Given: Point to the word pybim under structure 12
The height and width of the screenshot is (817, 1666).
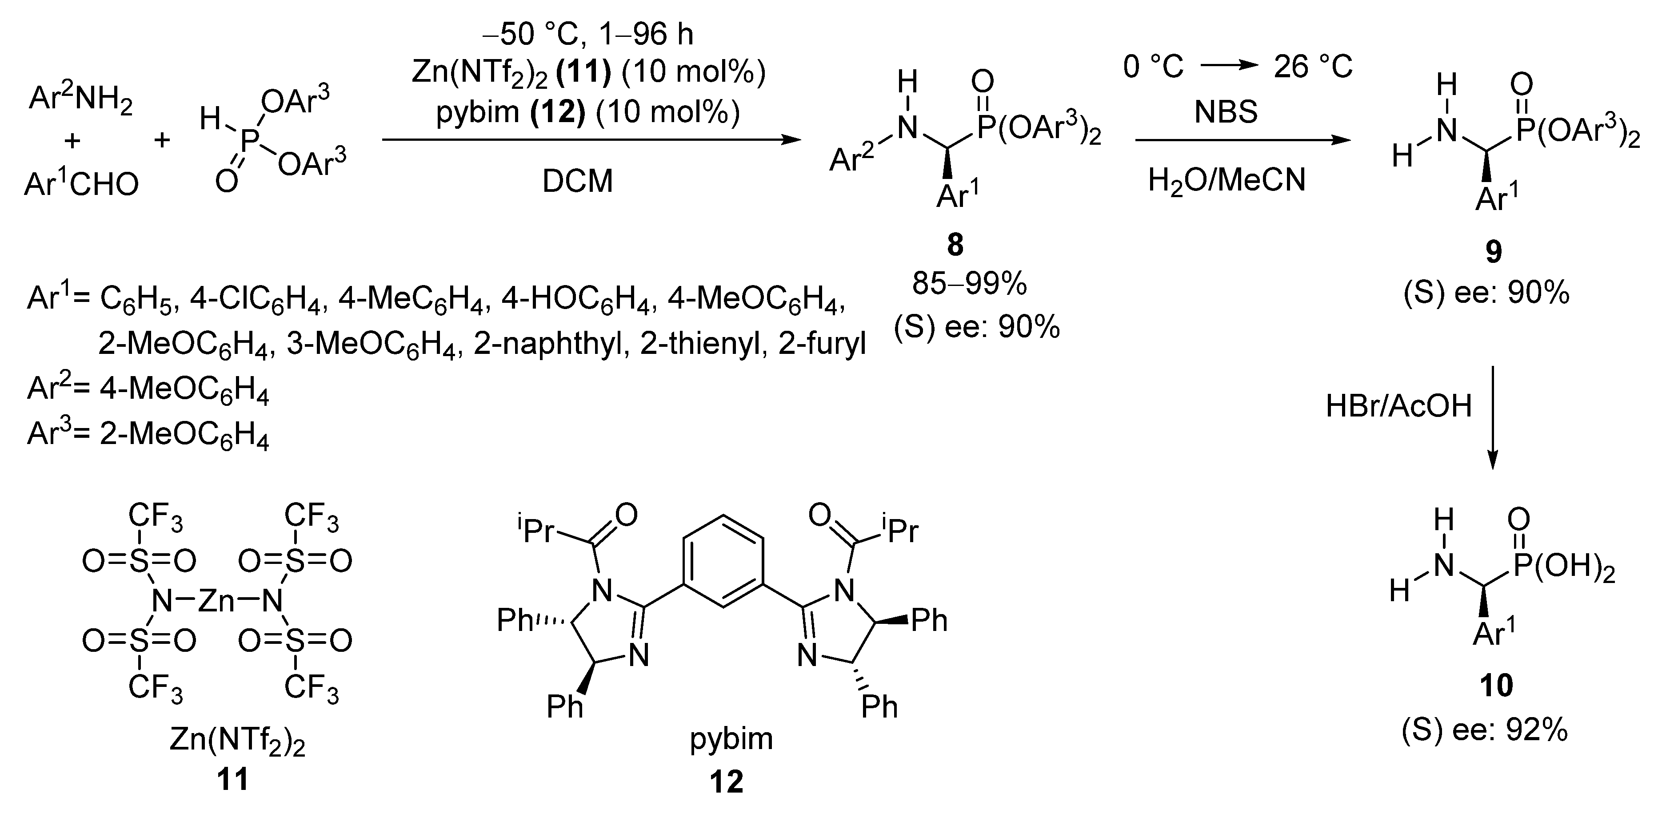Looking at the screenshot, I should [731, 738].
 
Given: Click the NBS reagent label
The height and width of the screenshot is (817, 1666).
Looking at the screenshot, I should [1226, 112].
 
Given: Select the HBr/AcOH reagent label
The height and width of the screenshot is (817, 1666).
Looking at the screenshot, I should [1398, 406].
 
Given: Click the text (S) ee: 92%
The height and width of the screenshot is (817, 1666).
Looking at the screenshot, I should [1485, 730].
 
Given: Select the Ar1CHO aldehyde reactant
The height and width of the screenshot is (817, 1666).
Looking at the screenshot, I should [81, 184].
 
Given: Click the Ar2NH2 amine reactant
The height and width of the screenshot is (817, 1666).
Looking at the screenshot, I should [81, 102].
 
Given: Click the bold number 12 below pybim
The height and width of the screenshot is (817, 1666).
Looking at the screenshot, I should [726, 782].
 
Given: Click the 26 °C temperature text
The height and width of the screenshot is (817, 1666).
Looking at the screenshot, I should [1313, 67].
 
